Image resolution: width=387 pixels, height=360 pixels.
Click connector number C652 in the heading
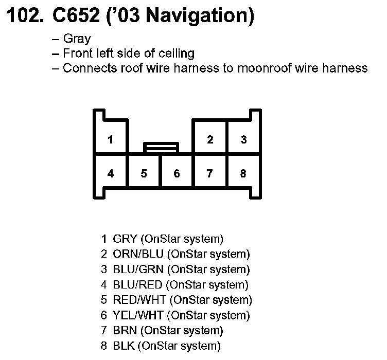pos(79,17)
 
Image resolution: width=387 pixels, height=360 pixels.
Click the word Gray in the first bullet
pos(77,39)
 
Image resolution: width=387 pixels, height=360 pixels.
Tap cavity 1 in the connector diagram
pos(111,140)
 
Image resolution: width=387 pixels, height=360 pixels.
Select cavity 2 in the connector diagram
pos(210,140)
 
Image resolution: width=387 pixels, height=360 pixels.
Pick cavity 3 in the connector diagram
pos(243,140)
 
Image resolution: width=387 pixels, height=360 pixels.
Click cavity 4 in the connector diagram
pos(111,173)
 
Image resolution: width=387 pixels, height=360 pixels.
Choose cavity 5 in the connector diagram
pos(144,173)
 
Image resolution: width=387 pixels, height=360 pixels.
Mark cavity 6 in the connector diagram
pos(177,173)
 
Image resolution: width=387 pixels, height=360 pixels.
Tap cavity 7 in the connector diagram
pos(210,173)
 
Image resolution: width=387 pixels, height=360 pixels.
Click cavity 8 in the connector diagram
pos(243,173)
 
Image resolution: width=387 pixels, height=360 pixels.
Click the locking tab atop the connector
pos(161,148)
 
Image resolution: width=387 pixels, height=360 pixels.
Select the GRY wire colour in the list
pos(124,239)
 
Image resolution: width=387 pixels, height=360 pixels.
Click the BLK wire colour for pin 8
pos(124,346)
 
